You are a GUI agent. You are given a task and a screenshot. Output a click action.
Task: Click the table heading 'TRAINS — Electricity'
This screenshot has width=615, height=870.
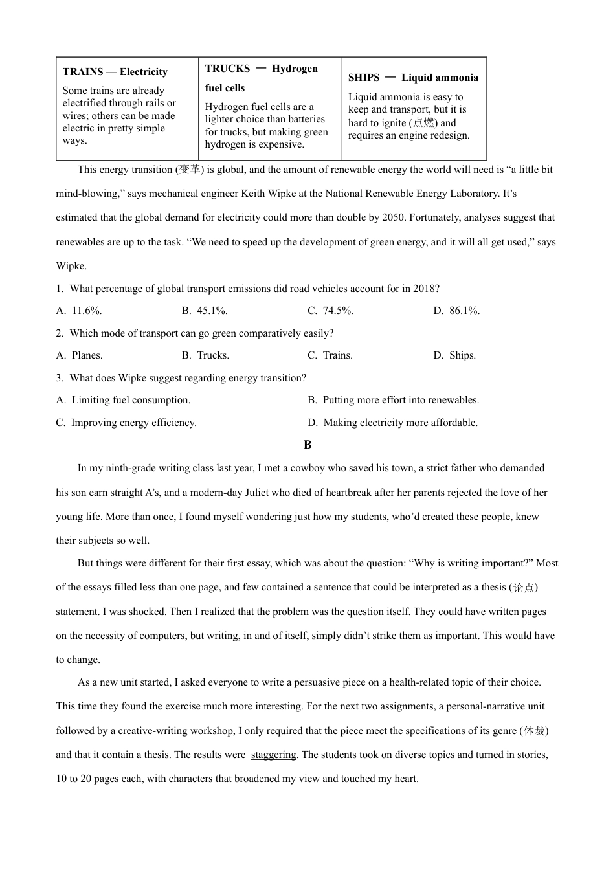click(x=115, y=72)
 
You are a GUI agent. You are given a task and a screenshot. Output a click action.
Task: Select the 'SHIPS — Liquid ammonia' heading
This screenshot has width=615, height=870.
click(x=413, y=78)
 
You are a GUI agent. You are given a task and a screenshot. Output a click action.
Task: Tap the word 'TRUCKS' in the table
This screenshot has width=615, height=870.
click(x=227, y=69)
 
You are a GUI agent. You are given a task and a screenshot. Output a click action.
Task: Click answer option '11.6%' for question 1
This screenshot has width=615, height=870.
click(x=86, y=311)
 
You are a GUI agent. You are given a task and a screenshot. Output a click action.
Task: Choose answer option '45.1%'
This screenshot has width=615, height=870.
click(x=212, y=311)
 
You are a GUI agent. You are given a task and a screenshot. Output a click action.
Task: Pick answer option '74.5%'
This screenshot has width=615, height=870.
click(x=337, y=311)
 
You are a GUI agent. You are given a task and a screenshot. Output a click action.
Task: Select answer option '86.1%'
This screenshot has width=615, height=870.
click(x=464, y=311)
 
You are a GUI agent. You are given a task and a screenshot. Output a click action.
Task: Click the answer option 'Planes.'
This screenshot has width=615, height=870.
click(x=87, y=355)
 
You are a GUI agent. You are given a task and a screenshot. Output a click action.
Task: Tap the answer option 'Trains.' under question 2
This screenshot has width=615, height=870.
click(x=337, y=355)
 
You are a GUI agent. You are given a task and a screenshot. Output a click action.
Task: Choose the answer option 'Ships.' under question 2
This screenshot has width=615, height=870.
click(x=462, y=355)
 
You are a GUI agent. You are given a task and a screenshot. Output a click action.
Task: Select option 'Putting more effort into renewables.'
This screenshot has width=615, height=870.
click(x=400, y=400)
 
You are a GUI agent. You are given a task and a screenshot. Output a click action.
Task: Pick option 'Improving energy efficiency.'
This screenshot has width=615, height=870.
click(x=133, y=423)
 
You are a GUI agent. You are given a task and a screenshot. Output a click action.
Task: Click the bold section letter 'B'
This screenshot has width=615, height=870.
click(x=307, y=445)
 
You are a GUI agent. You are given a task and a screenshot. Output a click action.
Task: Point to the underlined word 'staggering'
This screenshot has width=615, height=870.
click(x=273, y=755)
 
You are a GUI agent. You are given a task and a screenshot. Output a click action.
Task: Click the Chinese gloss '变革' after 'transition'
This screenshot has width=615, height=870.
click(x=190, y=170)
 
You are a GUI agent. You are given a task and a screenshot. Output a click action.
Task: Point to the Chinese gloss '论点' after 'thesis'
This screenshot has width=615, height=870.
click(x=524, y=588)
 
